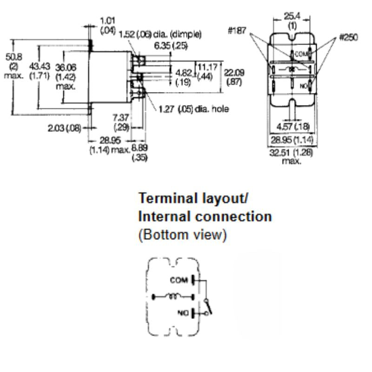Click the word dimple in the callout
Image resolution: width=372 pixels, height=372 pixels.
click(188, 33)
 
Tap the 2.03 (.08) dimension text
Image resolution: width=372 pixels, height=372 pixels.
click(62, 127)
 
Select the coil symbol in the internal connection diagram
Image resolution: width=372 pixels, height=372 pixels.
click(174, 296)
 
